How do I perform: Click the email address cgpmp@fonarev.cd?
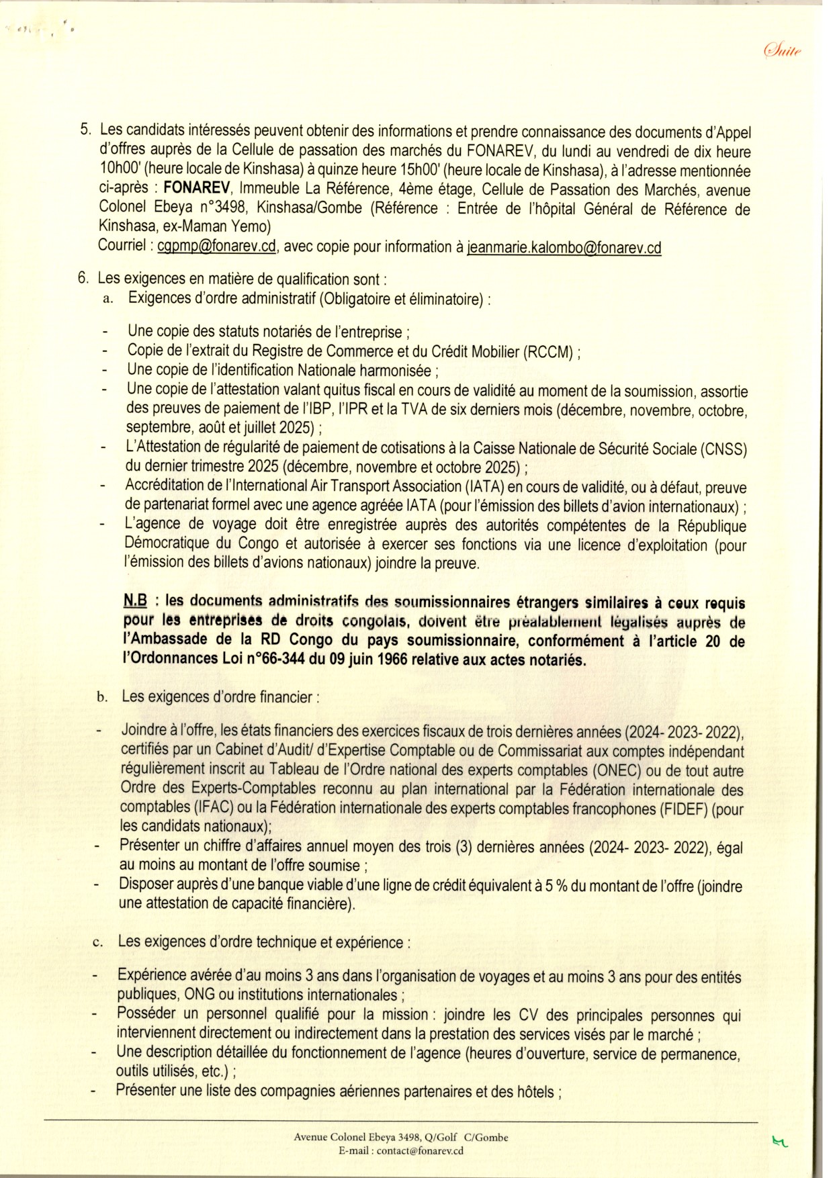click(x=217, y=246)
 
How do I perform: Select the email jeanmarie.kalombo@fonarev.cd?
click(x=564, y=247)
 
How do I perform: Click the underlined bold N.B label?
click(x=136, y=602)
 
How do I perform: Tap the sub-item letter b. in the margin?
click(x=102, y=697)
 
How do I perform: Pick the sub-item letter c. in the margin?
click(x=98, y=943)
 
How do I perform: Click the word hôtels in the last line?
click(x=533, y=1091)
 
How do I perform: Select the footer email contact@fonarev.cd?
click(x=420, y=1150)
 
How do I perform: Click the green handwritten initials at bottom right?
click(x=780, y=1141)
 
